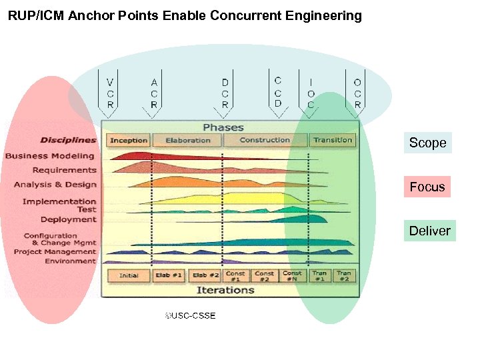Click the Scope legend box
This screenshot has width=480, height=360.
click(427, 143)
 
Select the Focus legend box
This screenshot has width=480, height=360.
click(427, 187)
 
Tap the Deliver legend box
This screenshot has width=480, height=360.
click(429, 231)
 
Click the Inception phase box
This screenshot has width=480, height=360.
click(129, 140)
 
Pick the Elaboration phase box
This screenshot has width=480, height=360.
click(187, 140)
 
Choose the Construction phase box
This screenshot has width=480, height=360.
click(265, 140)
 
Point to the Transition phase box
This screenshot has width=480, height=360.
click(333, 140)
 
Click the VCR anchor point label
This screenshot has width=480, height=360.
click(110, 93)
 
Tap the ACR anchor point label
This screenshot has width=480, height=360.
click(154, 93)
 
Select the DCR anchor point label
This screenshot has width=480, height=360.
click(225, 93)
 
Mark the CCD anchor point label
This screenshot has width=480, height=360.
click(277, 91)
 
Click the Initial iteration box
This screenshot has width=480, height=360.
click(129, 275)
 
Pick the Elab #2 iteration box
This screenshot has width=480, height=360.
click(205, 275)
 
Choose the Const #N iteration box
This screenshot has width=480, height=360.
click(292, 275)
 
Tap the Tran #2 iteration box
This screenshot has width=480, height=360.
click(343, 275)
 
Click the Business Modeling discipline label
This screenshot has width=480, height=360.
click(50, 156)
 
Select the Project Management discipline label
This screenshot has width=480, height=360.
click(55, 252)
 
